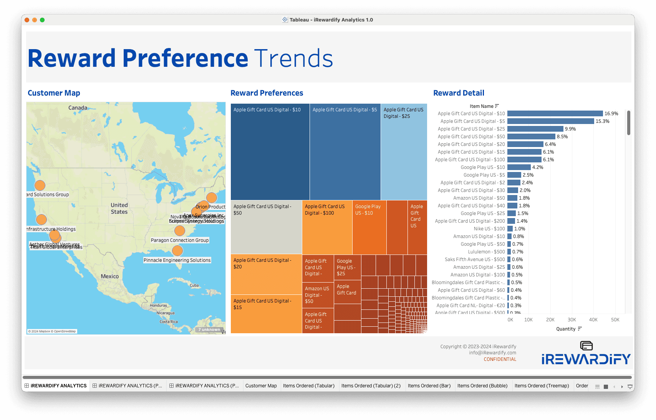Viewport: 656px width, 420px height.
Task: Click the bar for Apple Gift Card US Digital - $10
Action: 555,114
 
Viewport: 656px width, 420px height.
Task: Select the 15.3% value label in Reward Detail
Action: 602,121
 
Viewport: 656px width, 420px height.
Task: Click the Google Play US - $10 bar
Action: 519,167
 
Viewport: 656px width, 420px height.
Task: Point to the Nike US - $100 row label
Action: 489,229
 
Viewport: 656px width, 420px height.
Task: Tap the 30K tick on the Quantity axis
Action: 572,320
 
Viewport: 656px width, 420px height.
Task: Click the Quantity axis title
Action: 566,329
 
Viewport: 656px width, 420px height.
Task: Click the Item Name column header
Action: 481,106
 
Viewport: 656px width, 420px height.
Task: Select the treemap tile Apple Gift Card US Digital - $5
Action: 345,152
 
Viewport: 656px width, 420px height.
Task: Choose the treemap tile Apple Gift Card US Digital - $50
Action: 266,227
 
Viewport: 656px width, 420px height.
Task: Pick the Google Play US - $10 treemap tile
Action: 369,227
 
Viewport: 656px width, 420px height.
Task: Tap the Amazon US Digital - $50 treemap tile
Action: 318,295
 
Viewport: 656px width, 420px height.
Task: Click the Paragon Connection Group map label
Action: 180,240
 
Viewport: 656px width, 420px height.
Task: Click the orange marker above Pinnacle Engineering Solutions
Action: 177,251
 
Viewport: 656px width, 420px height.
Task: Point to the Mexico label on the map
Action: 110,276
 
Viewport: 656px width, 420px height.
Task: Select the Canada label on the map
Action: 78,108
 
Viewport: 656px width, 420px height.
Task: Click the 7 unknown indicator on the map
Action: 209,330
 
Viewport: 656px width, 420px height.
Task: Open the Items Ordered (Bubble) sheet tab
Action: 482,386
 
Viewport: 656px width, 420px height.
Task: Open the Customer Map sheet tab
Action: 261,386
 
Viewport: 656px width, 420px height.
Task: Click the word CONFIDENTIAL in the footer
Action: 500,359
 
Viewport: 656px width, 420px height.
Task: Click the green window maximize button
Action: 42,20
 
